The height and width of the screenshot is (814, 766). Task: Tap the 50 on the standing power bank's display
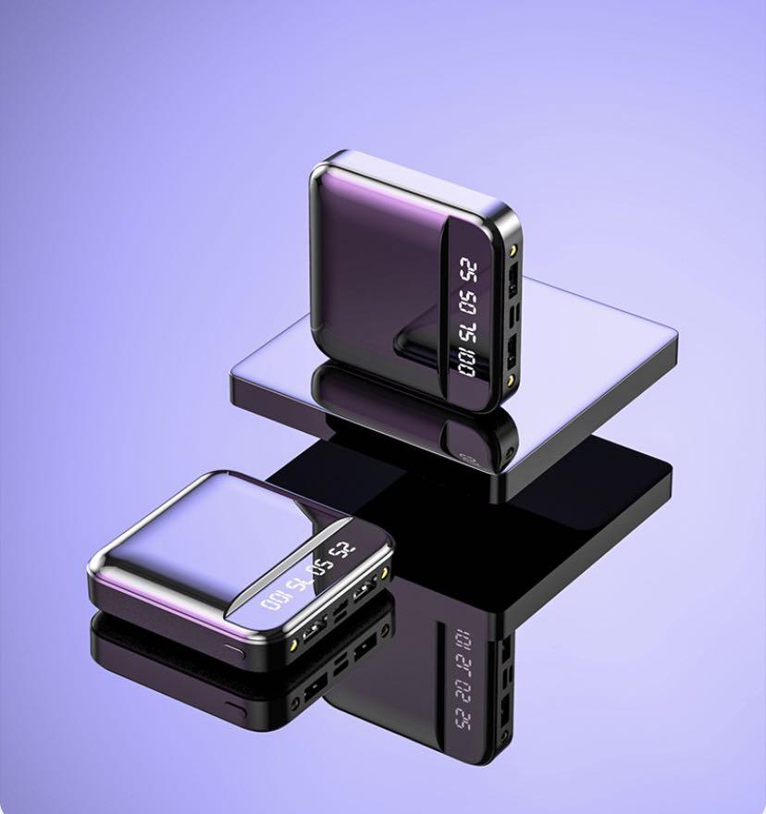coord(469,302)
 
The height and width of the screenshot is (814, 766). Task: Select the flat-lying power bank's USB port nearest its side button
coord(313,635)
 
